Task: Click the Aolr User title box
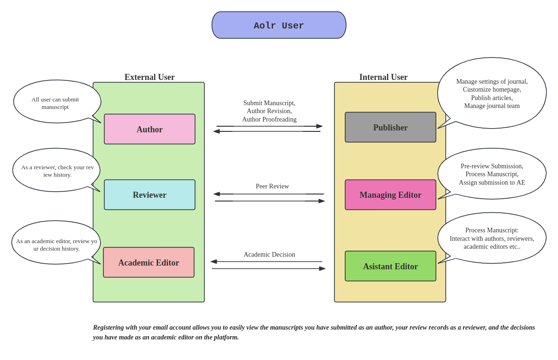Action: tap(279, 25)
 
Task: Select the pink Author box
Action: tap(150, 129)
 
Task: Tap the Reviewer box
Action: tap(150, 195)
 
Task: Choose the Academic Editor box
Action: tap(149, 262)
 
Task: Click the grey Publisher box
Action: tap(391, 127)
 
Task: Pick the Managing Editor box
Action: tap(391, 195)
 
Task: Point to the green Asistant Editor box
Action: tap(391, 266)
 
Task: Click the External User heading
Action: tap(150, 77)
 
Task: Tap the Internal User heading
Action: tap(384, 77)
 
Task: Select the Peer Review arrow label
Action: tap(272, 187)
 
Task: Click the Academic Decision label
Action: tap(269, 255)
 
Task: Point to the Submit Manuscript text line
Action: tap(269, 103)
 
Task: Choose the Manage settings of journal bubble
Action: tap(492, 94)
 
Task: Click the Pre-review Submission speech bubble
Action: tap(492, 174)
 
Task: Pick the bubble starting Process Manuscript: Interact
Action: tap(492, 238)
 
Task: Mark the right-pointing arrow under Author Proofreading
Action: tap(269, 126)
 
